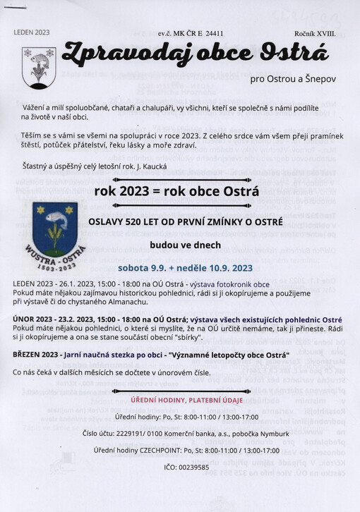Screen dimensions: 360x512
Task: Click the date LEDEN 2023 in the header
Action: coord(32,32)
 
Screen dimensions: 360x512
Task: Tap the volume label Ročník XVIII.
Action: coord(315,33)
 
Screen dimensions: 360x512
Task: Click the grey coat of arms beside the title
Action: coord(39,66)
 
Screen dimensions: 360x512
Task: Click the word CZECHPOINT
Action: coord(161,450)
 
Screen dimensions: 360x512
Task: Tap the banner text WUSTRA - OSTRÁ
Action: coord(53,260)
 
